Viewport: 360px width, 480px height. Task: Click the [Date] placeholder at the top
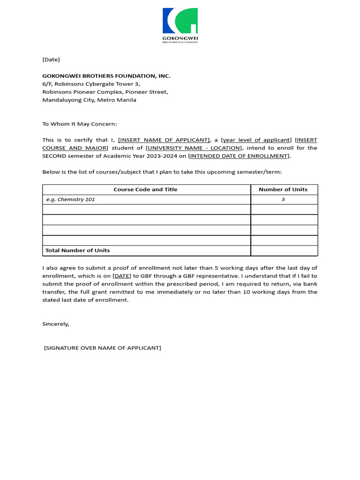(x=51, y=60)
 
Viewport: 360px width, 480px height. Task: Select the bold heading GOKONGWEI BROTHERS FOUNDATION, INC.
(x=106, y=76)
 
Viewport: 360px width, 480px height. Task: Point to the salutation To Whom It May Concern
(x=79, y=124)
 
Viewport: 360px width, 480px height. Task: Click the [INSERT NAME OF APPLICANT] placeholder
(x=164, y=140)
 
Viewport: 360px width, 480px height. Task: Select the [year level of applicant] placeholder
(x=256, y=140)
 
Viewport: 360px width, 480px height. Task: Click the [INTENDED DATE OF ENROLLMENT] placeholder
(x=239, y=156)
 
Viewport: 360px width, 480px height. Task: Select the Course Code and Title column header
(x=145, y=189)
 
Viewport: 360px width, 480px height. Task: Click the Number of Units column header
(x=283, y=189)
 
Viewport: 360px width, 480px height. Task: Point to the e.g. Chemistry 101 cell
(x=70, y=200)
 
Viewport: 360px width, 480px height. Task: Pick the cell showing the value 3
(x=283, y=200)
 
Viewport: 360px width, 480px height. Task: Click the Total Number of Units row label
(x=77, y=250)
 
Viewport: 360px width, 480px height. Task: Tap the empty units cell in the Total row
(x=284, y=250)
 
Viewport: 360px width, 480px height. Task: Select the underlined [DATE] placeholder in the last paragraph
(x=122, y=276)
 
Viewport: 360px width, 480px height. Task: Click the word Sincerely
(x=56, y=324)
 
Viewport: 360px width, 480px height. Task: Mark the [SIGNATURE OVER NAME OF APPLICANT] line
(x=103, y=348)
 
